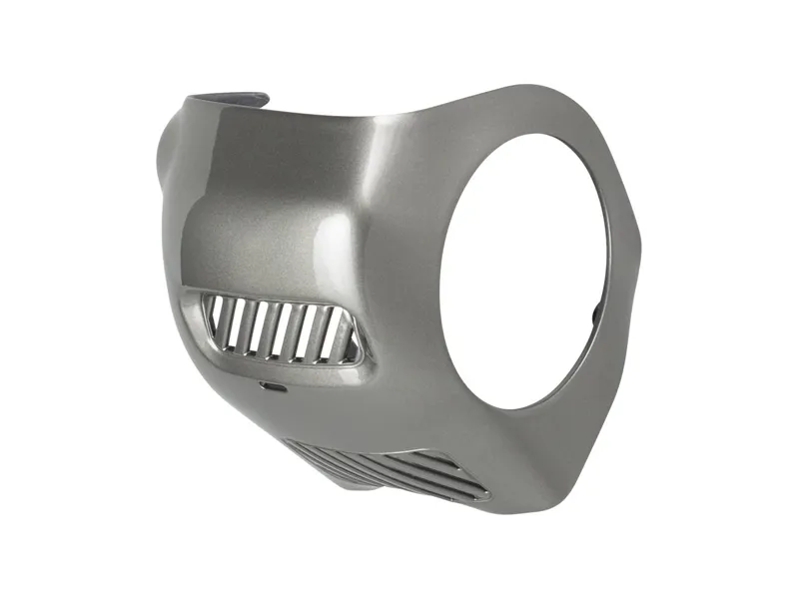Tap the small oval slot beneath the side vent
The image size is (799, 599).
[x=271, y=383]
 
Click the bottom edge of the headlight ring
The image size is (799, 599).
[x=509, y=407]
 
